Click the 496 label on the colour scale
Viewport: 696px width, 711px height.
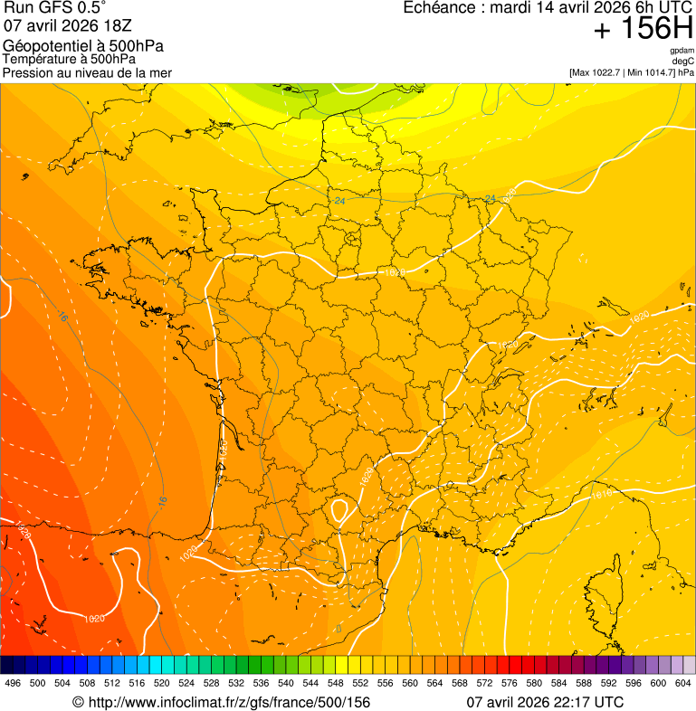(x=13, y=683)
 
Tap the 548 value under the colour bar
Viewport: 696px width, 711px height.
(x=336, y=683)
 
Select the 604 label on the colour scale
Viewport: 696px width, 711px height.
(x=683, y=683)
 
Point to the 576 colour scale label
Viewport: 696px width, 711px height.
(x=510, y=683)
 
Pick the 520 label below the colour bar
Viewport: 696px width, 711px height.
(x=162, y=683)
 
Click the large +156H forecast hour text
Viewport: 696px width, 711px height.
(x=643, y=29)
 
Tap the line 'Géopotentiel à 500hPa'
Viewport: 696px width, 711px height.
(x=83, y=46)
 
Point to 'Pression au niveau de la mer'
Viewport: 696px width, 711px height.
(x=87, y=72)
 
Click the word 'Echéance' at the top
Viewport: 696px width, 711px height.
(x=437, y=8)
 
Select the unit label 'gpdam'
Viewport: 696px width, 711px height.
(x=682, y=51)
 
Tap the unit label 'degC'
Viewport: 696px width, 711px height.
(x=684, y=62)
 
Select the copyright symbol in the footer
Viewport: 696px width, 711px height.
(x=78, y=702)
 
